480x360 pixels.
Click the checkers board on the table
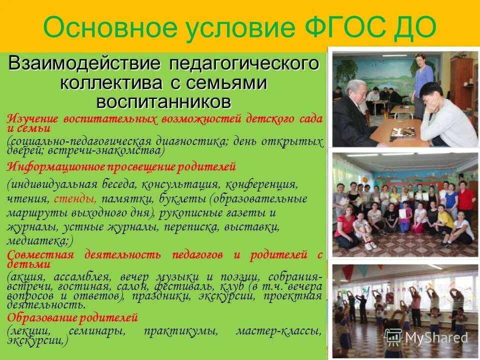click(402, 133)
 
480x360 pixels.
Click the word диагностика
click(203, 141)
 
